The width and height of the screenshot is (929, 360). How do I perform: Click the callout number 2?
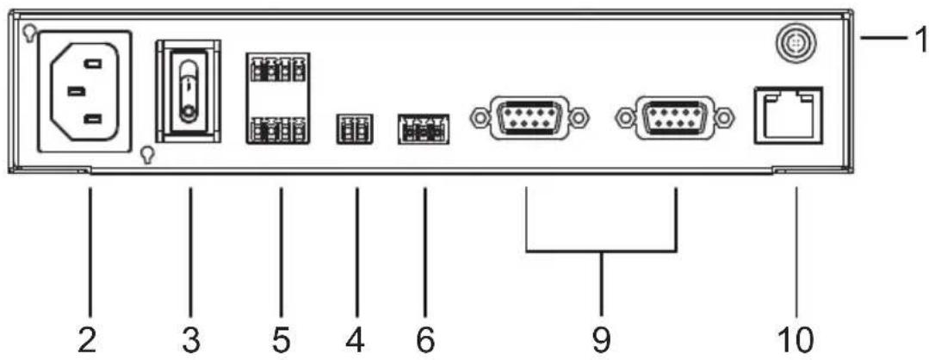tap(90, 340)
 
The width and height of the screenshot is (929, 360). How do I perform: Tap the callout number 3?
tap(191, 340)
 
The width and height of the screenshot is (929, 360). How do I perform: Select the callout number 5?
tap(281, 340)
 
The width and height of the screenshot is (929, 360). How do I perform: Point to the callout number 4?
tap(356, 340)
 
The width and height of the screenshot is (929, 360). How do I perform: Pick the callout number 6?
tap(424, 340)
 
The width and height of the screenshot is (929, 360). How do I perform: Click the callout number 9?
tap(601, 340)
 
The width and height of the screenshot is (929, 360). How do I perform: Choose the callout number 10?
tap(796, 340)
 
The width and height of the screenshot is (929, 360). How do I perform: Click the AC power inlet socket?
tap(84, 92)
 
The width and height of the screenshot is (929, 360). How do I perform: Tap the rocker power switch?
tap(188, 91)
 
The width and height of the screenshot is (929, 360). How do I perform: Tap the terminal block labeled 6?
tap(424, 128)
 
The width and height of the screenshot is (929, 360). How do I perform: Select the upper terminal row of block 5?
tap(278, 67)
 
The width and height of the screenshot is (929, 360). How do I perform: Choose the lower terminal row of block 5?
tap(278, 129)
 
